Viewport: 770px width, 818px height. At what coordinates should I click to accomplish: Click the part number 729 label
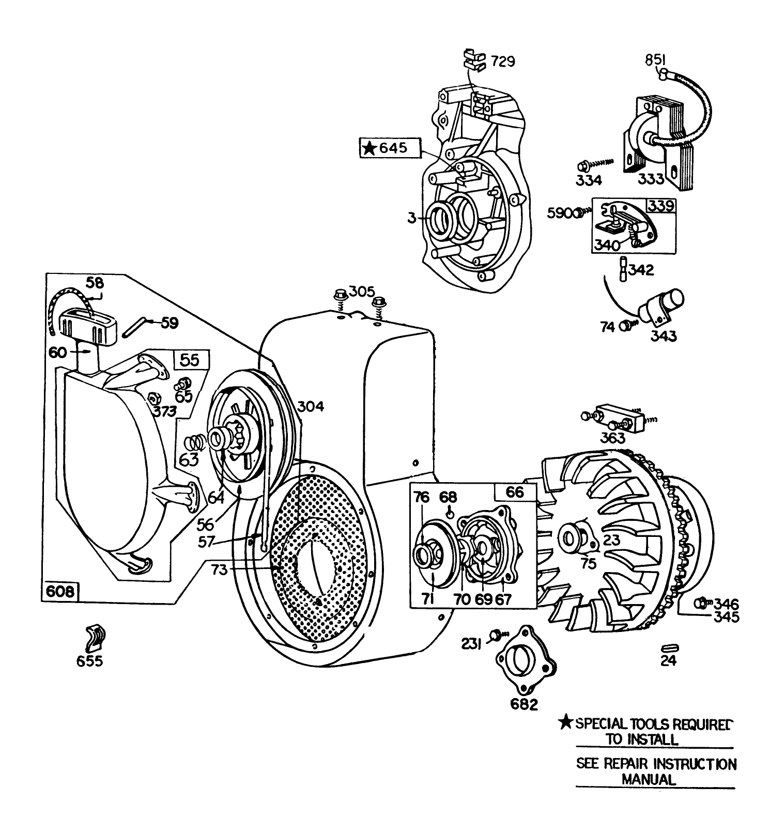point(502,61)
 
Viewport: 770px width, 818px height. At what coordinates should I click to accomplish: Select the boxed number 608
point(60,591)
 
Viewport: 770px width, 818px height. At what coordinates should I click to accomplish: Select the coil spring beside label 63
point(195,442)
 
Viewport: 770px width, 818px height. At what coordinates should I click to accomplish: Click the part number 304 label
point(310,407)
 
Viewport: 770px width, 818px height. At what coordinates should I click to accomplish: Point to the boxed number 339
point(661,206)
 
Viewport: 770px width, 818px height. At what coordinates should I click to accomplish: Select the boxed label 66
point(514,492)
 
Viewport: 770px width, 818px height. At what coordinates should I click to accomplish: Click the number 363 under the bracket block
point(612,438)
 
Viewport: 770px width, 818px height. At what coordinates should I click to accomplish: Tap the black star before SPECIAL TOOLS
point(567,722)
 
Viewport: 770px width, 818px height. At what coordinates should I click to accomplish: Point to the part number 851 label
point(655,60)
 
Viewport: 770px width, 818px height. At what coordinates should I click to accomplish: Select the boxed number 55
point(190,360)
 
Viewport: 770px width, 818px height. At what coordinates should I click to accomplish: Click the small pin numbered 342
point(624,269)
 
